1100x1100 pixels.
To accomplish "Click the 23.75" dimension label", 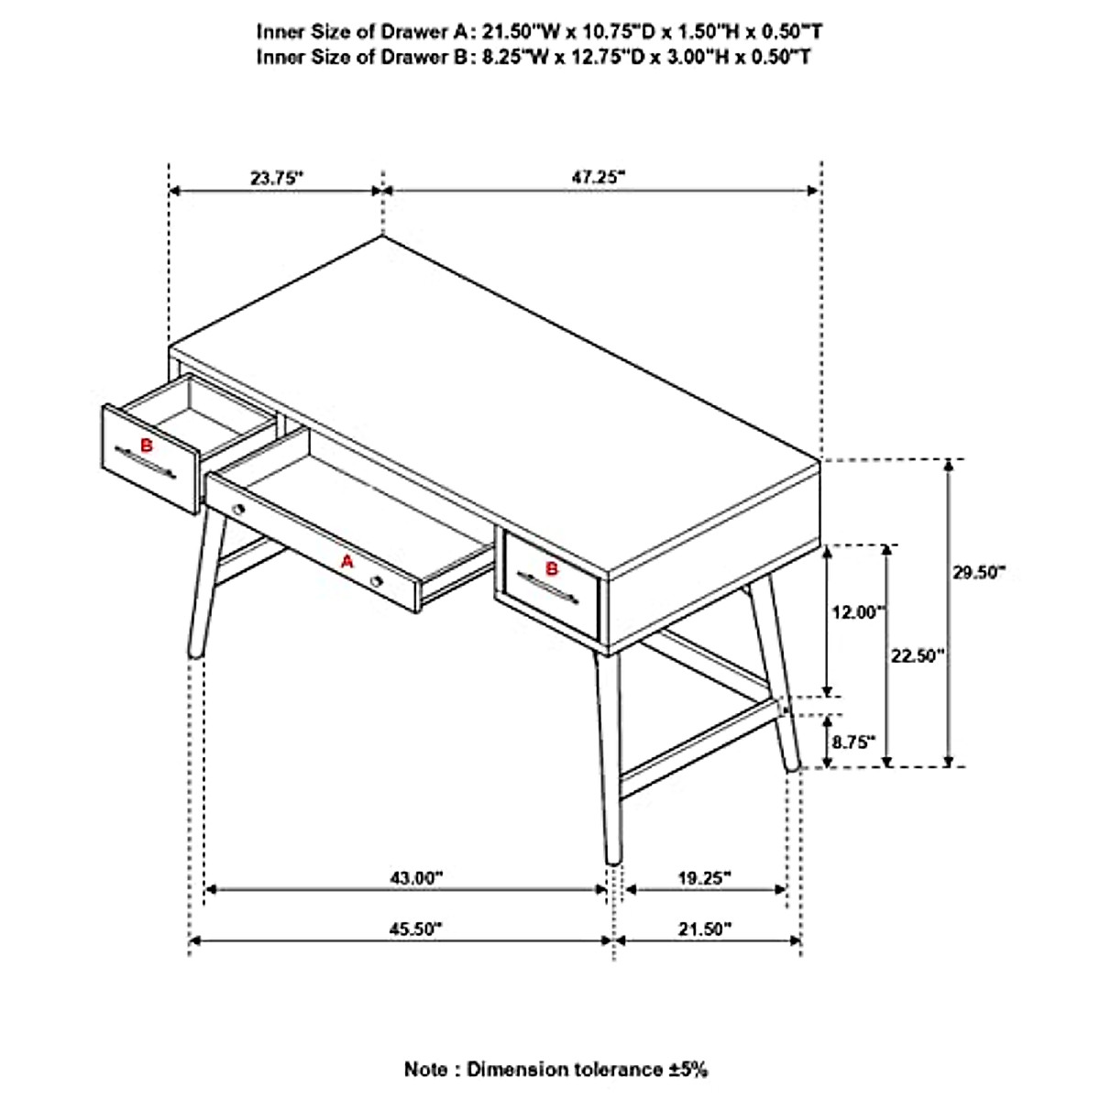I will [276, 179].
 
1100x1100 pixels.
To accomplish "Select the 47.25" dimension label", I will [598, 177].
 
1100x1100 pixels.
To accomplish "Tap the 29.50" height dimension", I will [978, 572].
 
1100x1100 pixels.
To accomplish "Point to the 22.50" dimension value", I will [917, 655].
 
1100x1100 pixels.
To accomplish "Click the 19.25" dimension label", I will [704, 877].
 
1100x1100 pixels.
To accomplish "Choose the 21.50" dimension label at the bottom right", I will [705, 929].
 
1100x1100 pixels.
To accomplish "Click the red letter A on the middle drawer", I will [346, 562].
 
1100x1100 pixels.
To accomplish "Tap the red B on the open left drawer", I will [144, 445].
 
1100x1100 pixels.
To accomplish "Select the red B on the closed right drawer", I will [552, 568].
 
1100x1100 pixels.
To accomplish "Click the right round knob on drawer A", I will [376, 581].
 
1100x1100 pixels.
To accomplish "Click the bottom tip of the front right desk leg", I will [613, 860].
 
